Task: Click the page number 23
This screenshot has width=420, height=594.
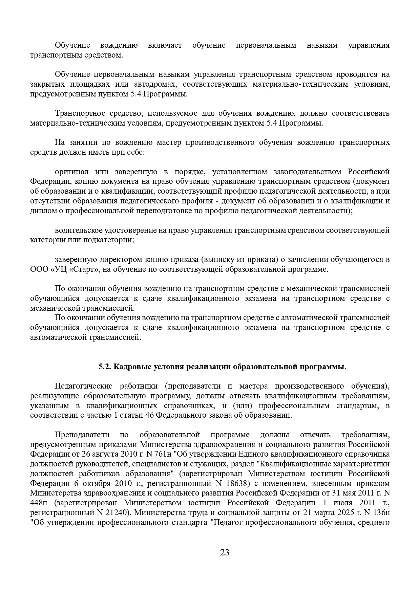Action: click(x=225, y=553)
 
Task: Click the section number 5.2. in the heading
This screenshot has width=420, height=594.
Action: click(x=105, y=367)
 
